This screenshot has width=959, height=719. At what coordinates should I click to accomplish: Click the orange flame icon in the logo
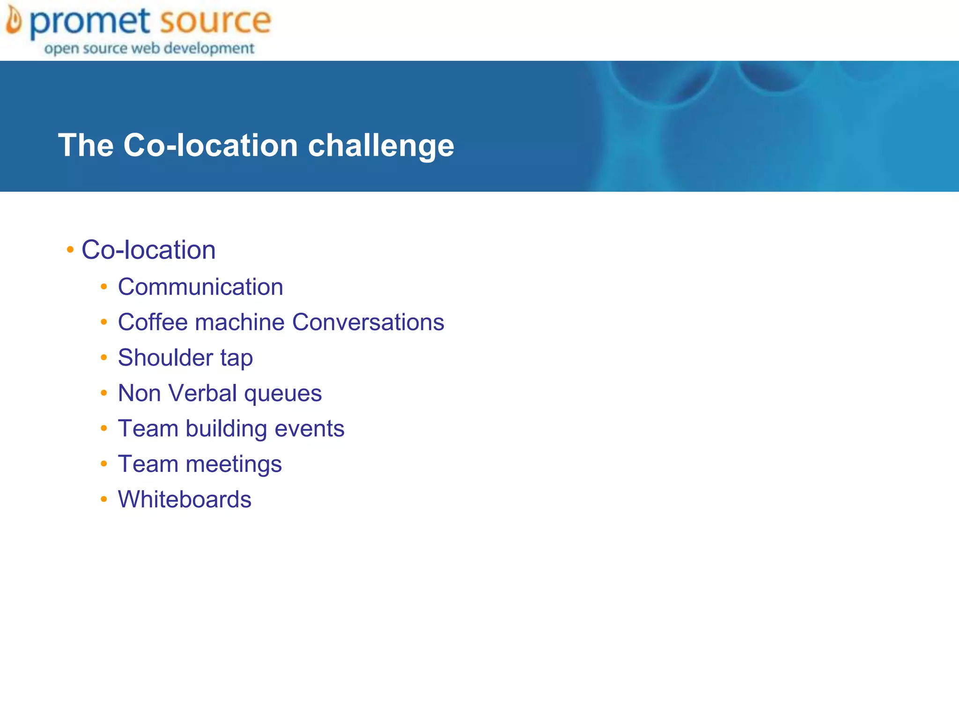[14, 21]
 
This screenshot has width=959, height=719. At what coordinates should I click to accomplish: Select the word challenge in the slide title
[381, 146]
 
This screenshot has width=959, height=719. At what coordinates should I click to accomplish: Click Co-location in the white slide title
[211, 145]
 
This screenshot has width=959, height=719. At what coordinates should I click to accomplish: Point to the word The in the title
[86, 145]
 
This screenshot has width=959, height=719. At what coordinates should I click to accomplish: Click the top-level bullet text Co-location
[148, 250]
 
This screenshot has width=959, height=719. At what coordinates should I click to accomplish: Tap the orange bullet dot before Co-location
[70, 250]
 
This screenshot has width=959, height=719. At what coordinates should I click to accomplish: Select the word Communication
[200, 287]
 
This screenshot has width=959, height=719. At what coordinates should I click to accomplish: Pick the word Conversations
[368, 323]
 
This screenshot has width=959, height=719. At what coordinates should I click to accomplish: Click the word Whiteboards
[184, 499]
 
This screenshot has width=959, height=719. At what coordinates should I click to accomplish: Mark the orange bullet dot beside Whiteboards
[104, 499]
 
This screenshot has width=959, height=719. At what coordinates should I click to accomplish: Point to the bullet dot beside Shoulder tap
[104, 358]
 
